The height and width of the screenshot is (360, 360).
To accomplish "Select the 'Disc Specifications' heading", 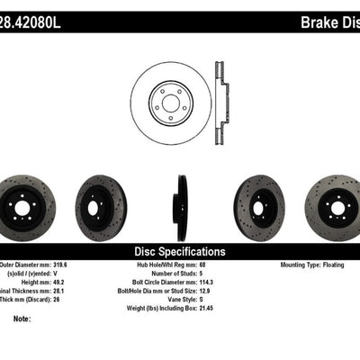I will (x=179, y=252).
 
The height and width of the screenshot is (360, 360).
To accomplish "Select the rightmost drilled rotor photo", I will (x=333, y=202).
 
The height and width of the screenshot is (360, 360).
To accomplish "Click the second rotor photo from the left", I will (x=101, y=202).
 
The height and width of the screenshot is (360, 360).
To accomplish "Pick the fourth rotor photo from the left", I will (x=258, y=202).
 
